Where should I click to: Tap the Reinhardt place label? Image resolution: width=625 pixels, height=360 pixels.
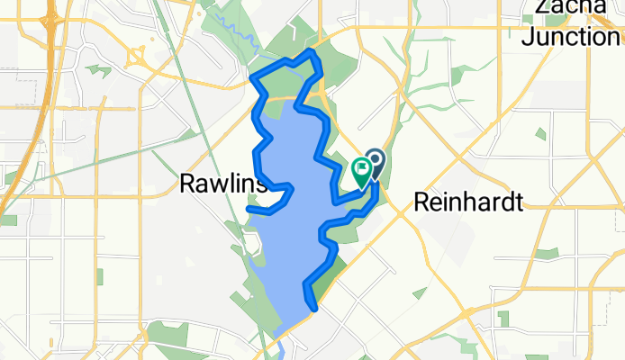click(467, 203)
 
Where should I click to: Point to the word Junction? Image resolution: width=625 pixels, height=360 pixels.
click(570, 36)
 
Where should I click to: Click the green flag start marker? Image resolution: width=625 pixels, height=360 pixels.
click(362, 169)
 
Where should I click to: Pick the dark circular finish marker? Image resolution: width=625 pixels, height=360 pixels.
click(374, 162)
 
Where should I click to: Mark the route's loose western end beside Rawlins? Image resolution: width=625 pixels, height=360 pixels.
click(249, 210)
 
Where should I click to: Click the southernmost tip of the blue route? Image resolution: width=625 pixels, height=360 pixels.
click(315, 309)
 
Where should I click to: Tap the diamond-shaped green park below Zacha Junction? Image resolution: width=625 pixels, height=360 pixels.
click(539, 134)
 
